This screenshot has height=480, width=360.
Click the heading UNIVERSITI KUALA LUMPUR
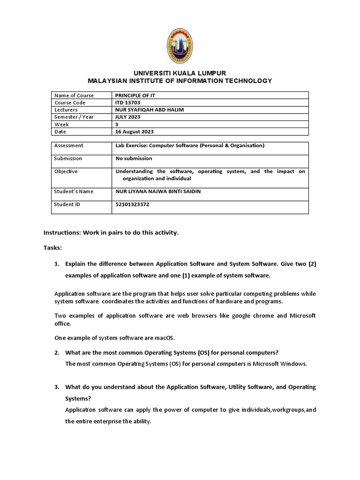point(180,73)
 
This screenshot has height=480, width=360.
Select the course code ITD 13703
point(127,102)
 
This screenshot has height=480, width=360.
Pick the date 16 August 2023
point(135,132)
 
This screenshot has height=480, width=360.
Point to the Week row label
point(61,125)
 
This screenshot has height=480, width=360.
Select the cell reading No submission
point(134,158)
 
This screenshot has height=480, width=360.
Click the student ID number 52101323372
point(136,204)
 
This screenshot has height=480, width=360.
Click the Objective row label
point(66,172)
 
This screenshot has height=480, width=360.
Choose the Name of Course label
point(74,95)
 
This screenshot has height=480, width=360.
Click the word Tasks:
point(52,247)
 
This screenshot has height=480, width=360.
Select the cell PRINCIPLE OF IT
point(136,95)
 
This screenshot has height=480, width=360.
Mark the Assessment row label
point(69,146)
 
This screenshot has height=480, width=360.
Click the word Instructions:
point(62,232)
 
